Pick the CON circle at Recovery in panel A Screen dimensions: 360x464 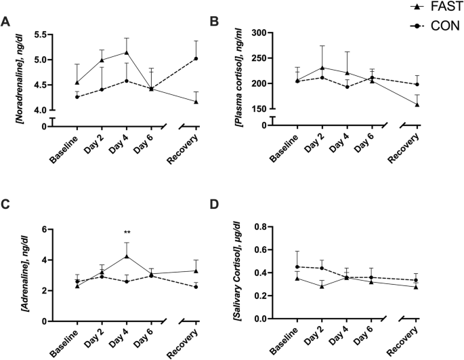[196, 58]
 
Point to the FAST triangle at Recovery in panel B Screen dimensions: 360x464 [417, 104]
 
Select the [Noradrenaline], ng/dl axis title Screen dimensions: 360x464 [21, 75]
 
